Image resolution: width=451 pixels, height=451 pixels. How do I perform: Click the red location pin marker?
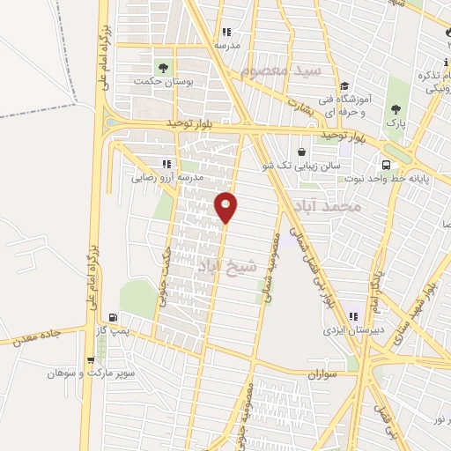(226, 206)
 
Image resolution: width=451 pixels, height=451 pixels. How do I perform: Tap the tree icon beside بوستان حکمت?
(162, 67)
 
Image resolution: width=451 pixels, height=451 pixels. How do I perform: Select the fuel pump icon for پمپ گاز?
(112, 318)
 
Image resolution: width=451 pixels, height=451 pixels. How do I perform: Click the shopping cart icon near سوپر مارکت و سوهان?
(92, 359)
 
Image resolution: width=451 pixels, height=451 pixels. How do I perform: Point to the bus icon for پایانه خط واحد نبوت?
(386, 165)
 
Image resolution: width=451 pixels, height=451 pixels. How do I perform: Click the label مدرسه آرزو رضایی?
(167, 177)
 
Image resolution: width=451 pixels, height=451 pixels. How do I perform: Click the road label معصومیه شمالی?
(269, 268)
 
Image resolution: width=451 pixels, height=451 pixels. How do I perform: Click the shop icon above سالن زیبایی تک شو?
(302, 151)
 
